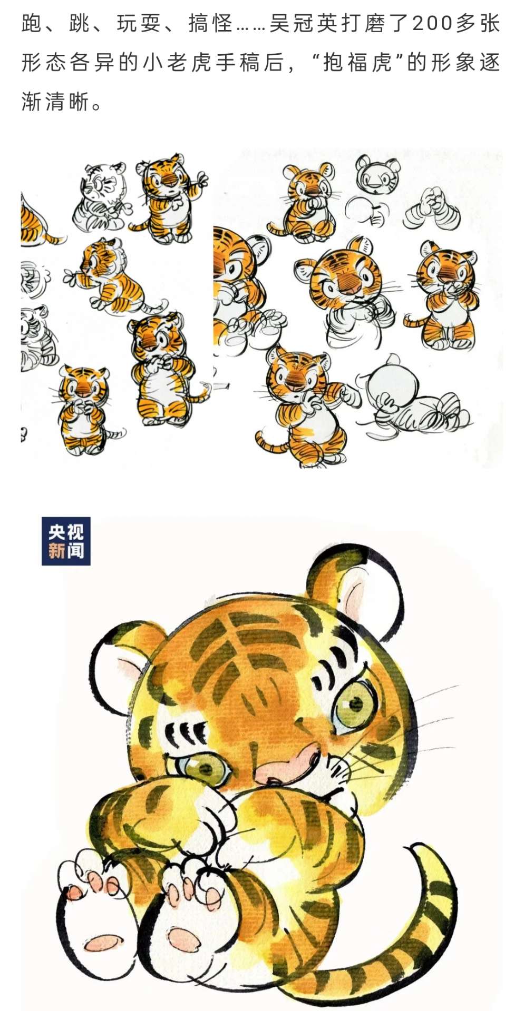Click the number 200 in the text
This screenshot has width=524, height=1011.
[x=433, y=23]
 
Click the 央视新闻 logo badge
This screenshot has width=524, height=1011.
[x=66, y=541]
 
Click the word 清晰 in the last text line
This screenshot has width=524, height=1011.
[x=67, y=102]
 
